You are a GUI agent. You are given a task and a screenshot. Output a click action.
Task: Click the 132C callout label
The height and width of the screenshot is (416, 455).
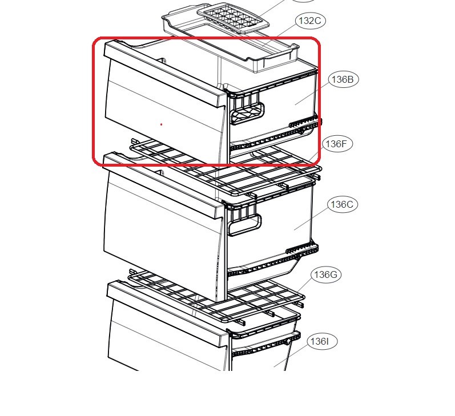tap(310, 21)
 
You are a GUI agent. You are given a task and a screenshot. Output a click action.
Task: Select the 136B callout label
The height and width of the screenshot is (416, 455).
tap(343, 79)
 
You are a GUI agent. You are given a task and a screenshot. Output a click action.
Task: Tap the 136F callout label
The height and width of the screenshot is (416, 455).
tap(337, 144)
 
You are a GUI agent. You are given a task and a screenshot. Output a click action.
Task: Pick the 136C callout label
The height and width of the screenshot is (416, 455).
tap(342, 204)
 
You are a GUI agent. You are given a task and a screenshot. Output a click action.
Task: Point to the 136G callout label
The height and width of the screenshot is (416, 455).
tap(325, 274)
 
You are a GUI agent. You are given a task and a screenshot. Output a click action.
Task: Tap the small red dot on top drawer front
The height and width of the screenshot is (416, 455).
tap(162, 124)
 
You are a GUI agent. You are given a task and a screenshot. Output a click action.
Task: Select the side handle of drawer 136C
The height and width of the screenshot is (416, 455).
tap(244, 222)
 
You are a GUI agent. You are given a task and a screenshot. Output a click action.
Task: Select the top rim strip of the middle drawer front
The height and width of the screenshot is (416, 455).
tap(164, 185)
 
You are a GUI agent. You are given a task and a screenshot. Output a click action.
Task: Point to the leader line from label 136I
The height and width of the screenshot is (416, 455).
tap(291, 356)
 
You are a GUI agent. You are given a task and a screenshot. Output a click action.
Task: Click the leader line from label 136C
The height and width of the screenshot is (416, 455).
tap(311, 219)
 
